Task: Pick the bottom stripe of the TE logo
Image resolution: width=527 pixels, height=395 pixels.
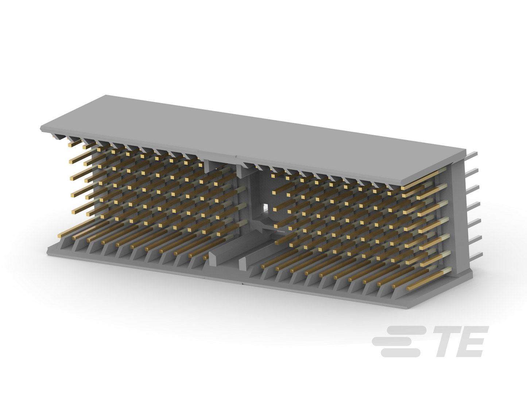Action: click(400, 353)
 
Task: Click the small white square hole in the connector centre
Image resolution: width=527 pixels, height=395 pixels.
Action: click(266, 207)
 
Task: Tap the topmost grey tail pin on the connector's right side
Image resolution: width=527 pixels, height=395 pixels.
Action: click(472, 155)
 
